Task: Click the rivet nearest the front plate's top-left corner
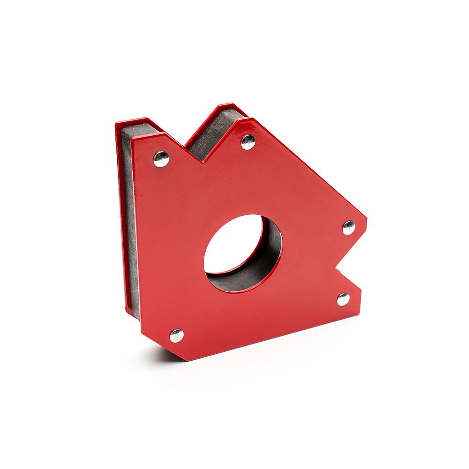point(161,159)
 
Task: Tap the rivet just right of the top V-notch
point(248,142)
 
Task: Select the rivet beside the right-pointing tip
point(349,228)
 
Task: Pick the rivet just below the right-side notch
point(343,299)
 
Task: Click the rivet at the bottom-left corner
point(176,336)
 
